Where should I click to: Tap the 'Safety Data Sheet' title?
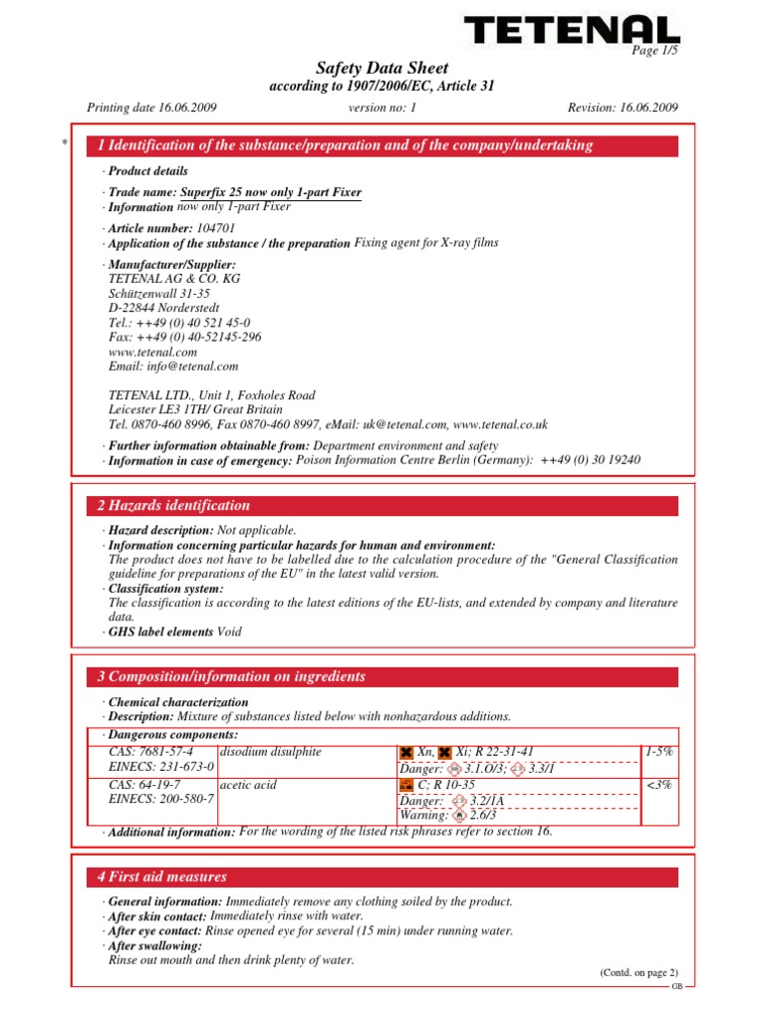382,69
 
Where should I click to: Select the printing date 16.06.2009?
182,107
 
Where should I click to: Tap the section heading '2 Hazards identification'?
173,506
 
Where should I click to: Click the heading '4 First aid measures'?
162,878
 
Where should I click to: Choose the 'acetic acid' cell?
248,785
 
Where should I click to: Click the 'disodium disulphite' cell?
270,752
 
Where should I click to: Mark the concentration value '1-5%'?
658,752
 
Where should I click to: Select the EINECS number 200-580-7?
158,800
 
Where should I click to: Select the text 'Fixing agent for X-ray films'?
426,242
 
